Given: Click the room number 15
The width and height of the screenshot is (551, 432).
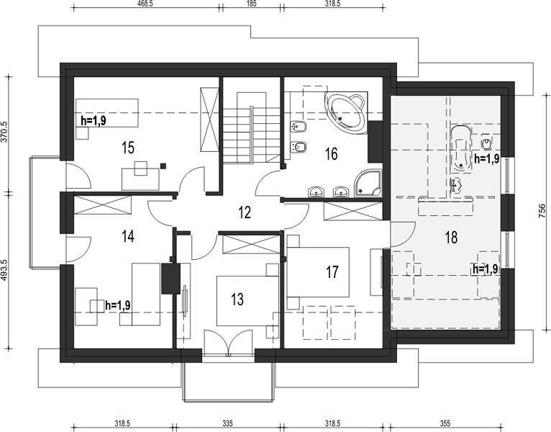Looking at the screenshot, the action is pyautogui.click(x=128, y=148).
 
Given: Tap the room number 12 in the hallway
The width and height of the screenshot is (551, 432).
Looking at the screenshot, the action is pyautogui.click(x=245, y=212).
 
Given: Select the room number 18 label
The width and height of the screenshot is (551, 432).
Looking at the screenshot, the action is pyautogui.click(x=451, y=237).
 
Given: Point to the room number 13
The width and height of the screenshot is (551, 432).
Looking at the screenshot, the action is pyautogui.click(x=237, y=300).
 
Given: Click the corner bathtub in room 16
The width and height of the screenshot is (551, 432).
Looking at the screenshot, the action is pyautogui.click(x=345, y=112).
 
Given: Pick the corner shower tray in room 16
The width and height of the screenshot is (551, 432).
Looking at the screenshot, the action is pyautogui.click(x=368, y=183).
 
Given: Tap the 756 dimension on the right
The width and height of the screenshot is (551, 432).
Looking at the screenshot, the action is pyautogui.click(x=542, y=212).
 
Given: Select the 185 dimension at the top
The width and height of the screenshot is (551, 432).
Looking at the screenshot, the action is pyautogui.click(x=251, y=4).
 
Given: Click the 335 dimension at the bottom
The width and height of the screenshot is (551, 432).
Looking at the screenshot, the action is pyautogui.click(x=227, y=423).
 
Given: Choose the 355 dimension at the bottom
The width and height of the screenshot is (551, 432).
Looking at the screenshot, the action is pyautogui.click(x=445, y=423).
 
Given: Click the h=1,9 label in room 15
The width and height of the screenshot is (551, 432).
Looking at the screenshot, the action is pyautogui.click(x=94, y=120).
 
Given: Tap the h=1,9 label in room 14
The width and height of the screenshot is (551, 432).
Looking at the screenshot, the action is pyautogui.click(x=118, y=305).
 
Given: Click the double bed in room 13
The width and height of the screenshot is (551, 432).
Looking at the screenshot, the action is pyautogui.click(x=247, y=301).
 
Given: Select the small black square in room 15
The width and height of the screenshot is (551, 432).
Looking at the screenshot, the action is pyautogui.click(x=163, y=166).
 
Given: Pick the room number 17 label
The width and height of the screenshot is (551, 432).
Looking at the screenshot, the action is pyautogui.click(x=332, y=271).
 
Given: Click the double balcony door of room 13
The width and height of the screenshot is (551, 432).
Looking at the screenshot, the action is pyautogui.click(x=229, y=341).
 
